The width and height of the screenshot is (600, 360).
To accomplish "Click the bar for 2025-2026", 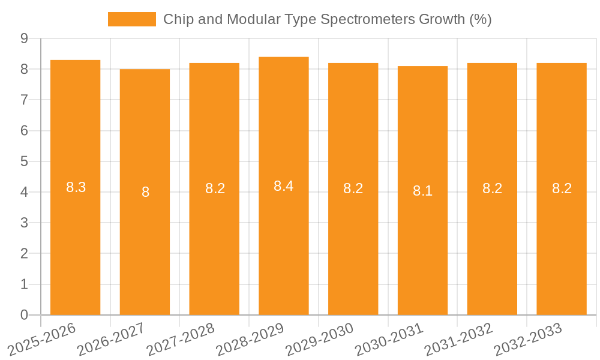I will (x=75, y=252).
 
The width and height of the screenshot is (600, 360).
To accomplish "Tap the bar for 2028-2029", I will (x=283, y=252).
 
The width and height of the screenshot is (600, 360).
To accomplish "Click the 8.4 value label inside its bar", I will (x=283, y=186).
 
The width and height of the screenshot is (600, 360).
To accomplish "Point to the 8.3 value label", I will (x=76, y=187).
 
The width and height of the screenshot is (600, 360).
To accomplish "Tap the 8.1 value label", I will (x=422, y=191).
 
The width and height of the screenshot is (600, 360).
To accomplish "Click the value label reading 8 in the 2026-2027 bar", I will (x=145, y=193).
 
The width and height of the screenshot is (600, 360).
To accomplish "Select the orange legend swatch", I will (x=131, y=19).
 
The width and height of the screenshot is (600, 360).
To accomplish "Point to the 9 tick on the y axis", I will (x=24, y=38).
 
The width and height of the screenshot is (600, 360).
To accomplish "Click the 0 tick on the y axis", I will (x=24, y=315).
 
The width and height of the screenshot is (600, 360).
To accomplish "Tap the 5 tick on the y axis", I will (x=24, y=161).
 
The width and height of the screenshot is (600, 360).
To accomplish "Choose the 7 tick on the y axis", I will (x=24, y=100).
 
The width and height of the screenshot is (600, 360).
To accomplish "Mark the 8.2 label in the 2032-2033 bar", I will (x=562, y=188).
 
